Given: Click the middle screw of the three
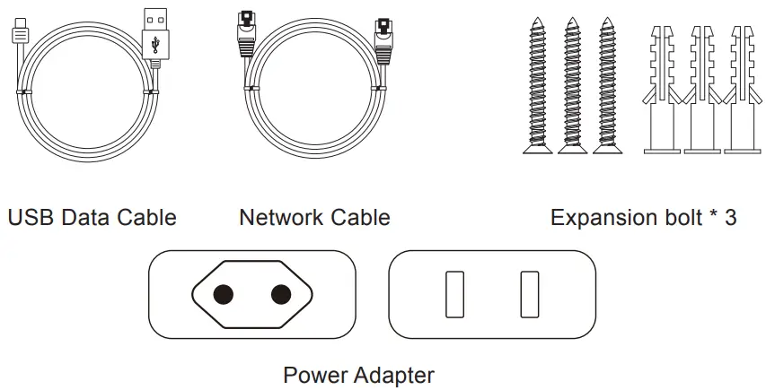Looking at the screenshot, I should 573,85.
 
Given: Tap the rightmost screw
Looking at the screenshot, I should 607,85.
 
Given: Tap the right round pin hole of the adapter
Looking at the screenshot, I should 281,294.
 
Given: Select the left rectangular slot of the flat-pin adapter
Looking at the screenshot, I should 454,294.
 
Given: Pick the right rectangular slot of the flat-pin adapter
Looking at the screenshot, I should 528,294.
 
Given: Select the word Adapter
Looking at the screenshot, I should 394,375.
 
